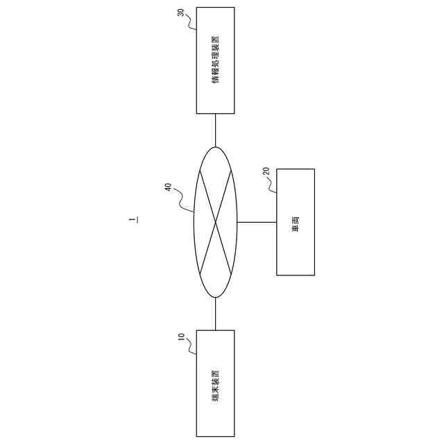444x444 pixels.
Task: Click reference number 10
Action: coord(181,338)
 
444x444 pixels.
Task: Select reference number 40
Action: coord(169,187)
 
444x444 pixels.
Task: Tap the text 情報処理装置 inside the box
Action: coord(215,60)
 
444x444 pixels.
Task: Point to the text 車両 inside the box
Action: coord(296,222)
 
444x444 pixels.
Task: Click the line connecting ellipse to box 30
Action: coord(215,130)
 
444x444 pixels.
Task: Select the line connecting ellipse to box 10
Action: coord(215,314)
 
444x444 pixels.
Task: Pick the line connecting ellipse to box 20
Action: coord(257,222)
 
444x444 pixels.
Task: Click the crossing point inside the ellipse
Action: coord(216,222)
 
